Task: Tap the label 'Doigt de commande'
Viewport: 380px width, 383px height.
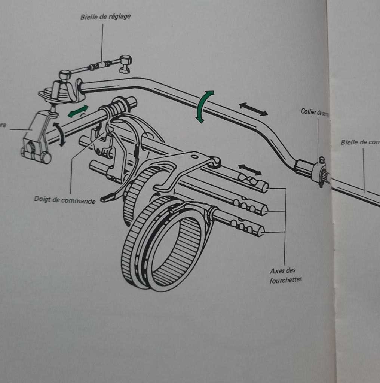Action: tap(65, 200)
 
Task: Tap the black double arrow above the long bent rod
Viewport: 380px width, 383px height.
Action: tap(254, 109)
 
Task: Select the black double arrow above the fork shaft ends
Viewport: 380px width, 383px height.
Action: tap(250, 169)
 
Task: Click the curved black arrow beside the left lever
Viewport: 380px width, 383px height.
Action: tap(59, 134)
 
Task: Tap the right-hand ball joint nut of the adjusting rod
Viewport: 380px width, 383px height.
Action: tap(126, 60)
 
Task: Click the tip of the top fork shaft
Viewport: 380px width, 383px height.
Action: tap(265, 187)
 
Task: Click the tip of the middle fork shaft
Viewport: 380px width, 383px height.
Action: tap(264, 211)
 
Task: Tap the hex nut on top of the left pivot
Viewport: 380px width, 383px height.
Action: tap(65, 75)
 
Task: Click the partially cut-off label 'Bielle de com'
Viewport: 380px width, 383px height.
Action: tap(360, 142)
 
